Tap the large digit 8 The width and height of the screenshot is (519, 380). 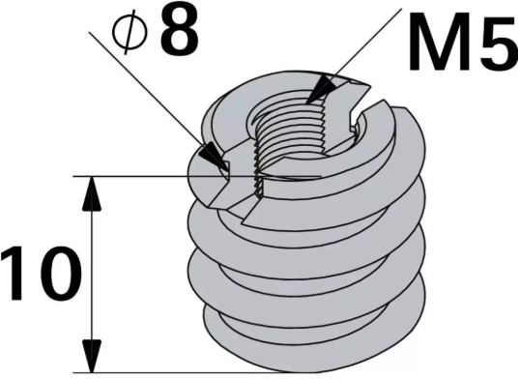179,31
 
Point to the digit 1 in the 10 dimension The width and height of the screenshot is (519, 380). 16,275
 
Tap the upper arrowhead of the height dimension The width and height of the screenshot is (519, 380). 92,193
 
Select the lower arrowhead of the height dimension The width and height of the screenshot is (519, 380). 92,355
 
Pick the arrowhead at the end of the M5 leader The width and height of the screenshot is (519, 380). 320,91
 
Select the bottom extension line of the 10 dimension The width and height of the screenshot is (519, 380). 145,372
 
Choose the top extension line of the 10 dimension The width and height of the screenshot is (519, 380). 135,176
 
